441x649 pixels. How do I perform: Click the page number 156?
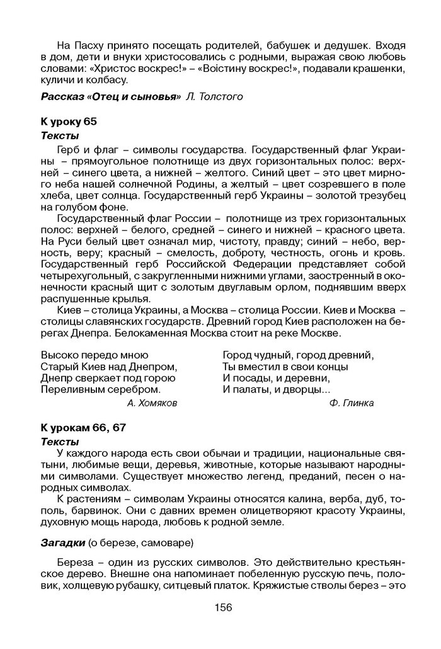223,607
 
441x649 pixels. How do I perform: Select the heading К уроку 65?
69,121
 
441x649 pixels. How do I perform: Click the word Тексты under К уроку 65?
60,135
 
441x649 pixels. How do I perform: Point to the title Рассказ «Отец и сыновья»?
110,96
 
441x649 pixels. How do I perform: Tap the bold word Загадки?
62,543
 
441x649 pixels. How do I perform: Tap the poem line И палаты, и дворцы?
272,389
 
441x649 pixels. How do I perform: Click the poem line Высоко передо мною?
94,355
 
